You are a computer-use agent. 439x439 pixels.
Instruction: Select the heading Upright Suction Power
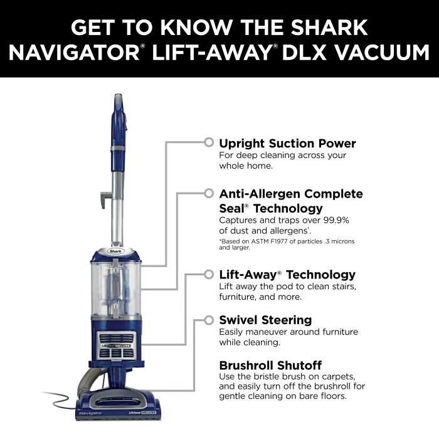(287, 143)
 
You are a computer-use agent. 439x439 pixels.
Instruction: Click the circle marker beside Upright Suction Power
(208, 142)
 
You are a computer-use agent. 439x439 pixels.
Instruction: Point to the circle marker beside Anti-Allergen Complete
(208, 194)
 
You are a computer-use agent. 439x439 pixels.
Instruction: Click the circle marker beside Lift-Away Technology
(208, 274)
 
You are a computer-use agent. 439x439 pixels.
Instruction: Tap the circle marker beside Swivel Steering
(208, 319)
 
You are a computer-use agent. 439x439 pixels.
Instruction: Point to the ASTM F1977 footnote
(282, 244)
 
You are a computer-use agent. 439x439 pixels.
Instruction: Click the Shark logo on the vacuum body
(116, 251)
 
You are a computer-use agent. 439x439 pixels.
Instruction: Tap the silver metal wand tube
(116, 207)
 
